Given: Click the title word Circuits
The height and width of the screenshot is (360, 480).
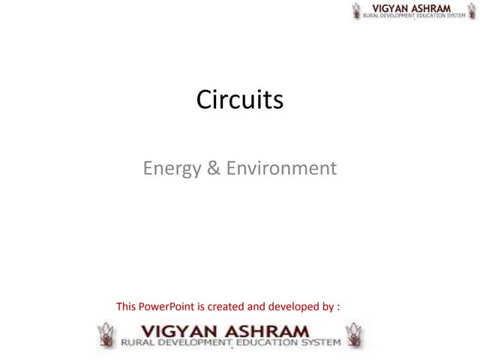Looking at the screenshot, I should pyautogui.click(x=240, y=100).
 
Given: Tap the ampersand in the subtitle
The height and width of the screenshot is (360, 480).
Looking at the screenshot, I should pyautogui.click(x=213, y=169).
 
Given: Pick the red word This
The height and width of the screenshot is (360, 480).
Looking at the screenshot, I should pyautogui.click(x=127, y=306).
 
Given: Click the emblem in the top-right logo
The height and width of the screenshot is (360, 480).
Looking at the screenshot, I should pyautogui.click(x=356, y=11).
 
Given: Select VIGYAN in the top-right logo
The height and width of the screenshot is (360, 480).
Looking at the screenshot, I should pyautogui.click(x=392, y=7).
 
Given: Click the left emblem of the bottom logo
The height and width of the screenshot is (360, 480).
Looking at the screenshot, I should pyautogui.click(x=108, y=335).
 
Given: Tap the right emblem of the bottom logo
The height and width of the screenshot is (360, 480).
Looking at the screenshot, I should pyautogui.click(x=353, y=335).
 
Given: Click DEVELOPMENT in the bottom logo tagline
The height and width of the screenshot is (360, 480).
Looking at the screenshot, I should pyautogui.click(x=196, y=343).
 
